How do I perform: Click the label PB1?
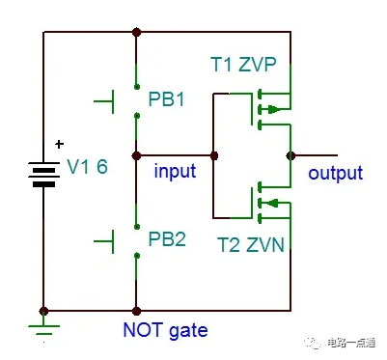[167, 100]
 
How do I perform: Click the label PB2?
[167, 238]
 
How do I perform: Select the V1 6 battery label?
[87, 167]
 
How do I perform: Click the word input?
[175, 172]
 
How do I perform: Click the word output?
[335, 174]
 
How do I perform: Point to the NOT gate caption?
[165, 330]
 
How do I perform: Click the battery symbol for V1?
[43, 175]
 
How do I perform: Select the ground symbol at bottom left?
[43, 324]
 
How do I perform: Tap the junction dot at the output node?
[290, 154]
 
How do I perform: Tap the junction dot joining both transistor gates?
[213, 154]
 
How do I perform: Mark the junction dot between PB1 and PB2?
[137, 154]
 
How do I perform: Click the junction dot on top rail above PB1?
[137, 32]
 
